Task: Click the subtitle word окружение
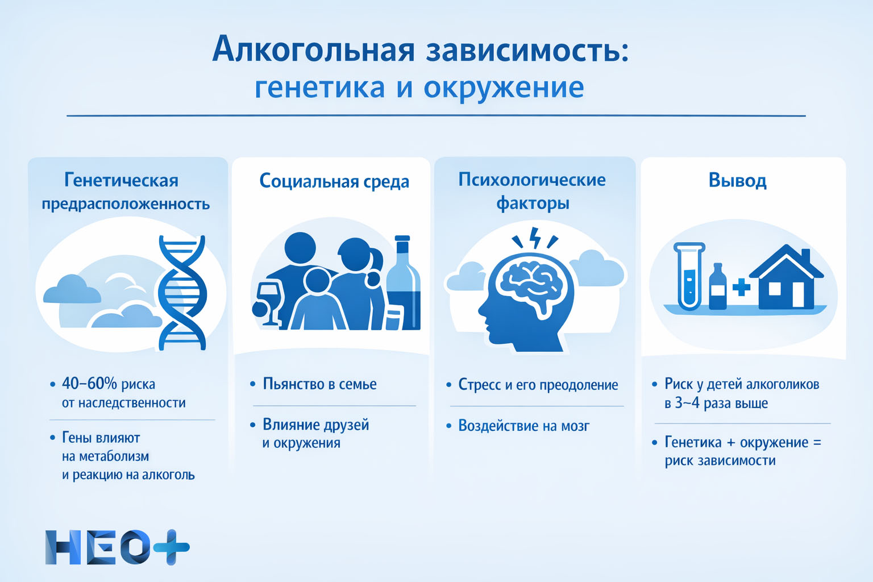(x=504, y=88)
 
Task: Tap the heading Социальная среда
(x=334, y=181)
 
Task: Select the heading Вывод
(x=737, y=180)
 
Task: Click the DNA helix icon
(x=182, y=293)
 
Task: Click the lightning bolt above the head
(x=535, y=238)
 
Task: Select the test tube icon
(x=689, y=276)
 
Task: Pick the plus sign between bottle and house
(x=741, y=288)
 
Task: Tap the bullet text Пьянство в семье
(x=319, y=384)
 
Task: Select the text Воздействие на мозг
(x=523, y=426)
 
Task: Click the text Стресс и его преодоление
(x=538, y=385)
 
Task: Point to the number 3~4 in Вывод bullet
(x=687, y=403)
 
